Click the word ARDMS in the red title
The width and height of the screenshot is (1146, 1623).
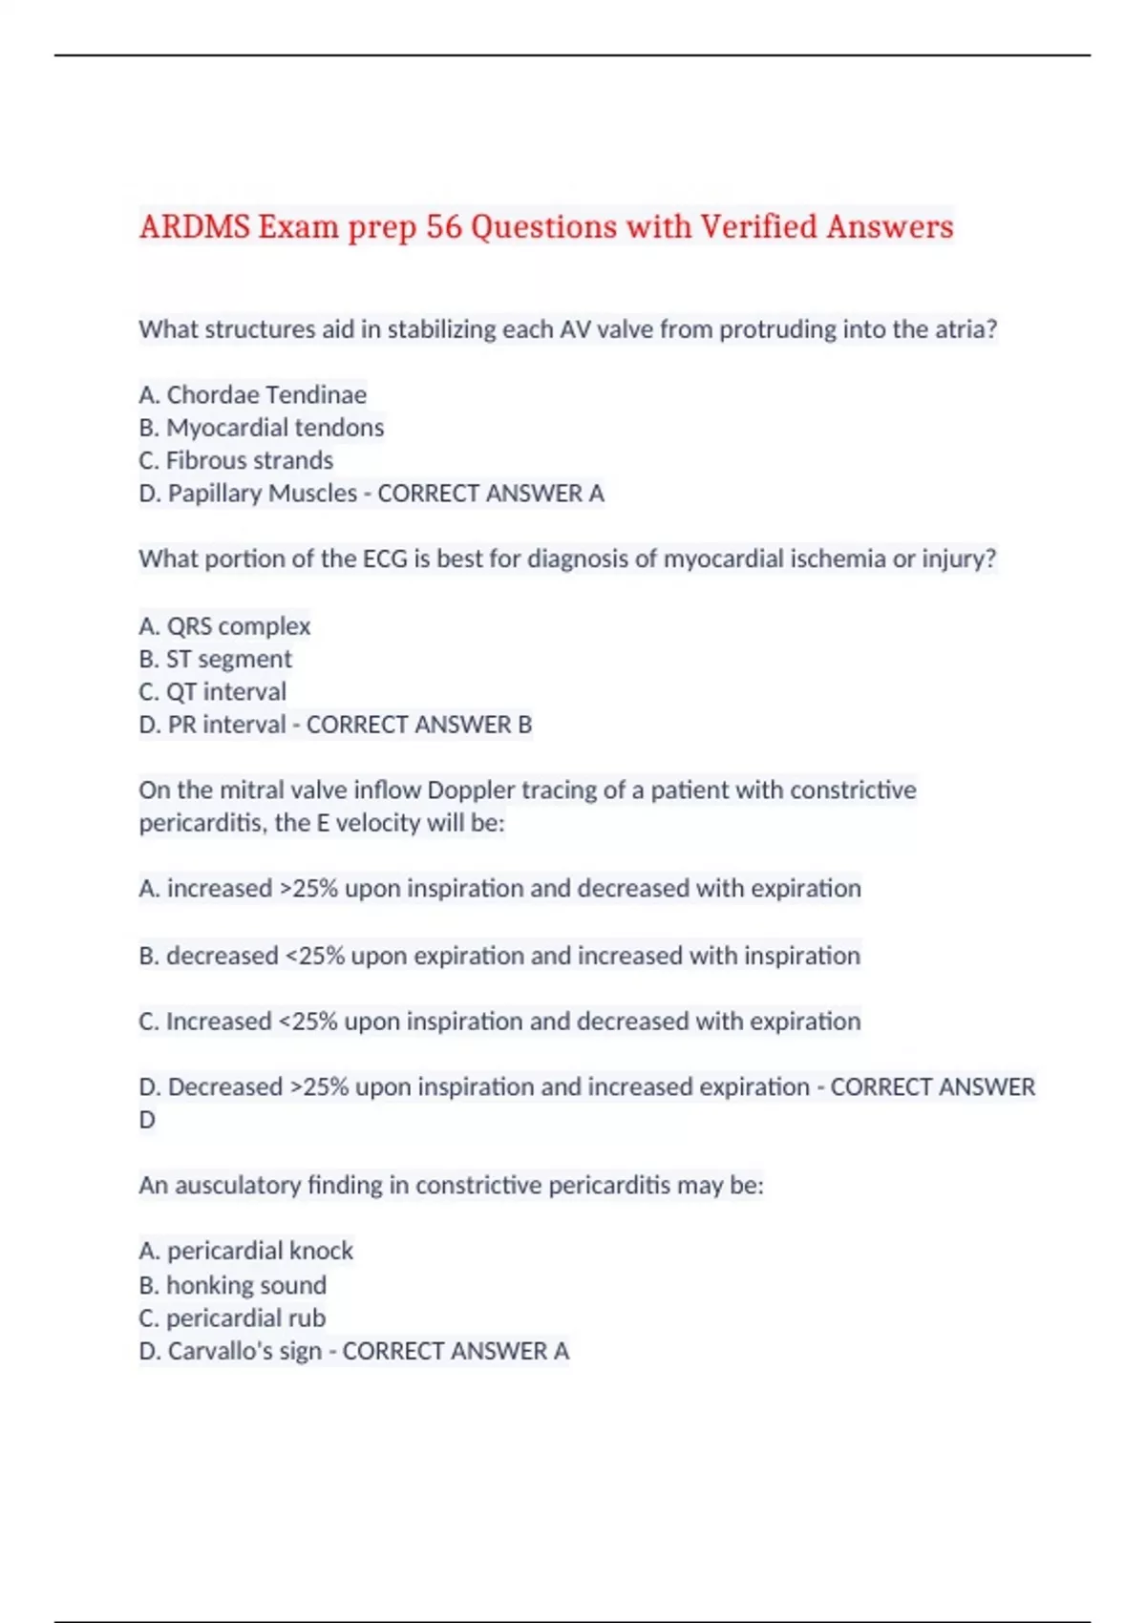click(x=194, y=227)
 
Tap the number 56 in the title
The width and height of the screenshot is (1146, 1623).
click(x=444, y=227)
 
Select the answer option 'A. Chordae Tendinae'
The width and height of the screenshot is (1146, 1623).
click(x=252, y=394)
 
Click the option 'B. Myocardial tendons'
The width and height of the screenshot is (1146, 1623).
click(x=261, y=427)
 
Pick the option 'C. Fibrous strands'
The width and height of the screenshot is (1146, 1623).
click(x=236, y=460)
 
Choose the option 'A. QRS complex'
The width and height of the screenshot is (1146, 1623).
click(x=224, y=626)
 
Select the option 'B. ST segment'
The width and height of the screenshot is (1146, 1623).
click(x=215, y=659)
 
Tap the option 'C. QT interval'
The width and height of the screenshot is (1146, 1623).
click(x=212, y=691)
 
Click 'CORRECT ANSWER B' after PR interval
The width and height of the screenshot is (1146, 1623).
click(x=419, y=725)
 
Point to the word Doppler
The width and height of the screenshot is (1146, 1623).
click(x=470, y=790)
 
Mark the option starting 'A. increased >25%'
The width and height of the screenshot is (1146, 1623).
click(x=499, y=889)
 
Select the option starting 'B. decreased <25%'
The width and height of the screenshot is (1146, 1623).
click(x=499, y=956)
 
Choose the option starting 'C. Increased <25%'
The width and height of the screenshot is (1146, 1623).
click(x=499, y=1022)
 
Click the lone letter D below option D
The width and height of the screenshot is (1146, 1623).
click(x=147, y=1120)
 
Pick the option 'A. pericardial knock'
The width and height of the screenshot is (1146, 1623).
click(x=245, y=1251)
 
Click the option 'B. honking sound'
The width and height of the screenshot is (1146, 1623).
click(x=232, y=1285)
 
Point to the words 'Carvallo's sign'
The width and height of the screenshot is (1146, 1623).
click(x=244, y=1351)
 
